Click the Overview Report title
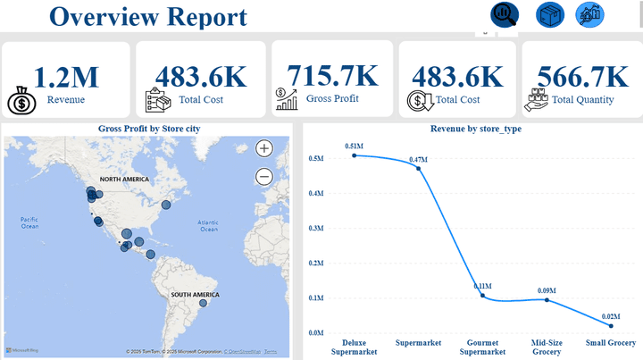pyautogui.click(x=148, y=16)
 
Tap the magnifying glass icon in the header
pyautogui.click(x=505, y=14)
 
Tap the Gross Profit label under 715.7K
pyautogui.click(x=331, y=98)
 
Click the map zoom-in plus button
pyautogui.click(x=264, y=149)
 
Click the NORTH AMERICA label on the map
pyautogui.click(x=123, y=180)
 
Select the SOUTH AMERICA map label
pyautogui.click(x=195, y=294)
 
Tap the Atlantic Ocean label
pyautogui.click(x=209, y=225)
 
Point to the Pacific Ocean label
pyautogui.click(x=29, y=222)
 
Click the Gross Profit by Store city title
pyautogui.click(x=148, y=130)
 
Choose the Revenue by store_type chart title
pyautogui.click(x=475, y=130)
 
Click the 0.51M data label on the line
pyautogui.click(x=355, y=146)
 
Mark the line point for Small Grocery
pyautogui.click(x=611, y=326)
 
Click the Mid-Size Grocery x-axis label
pyautogui.click(x=547, y=347)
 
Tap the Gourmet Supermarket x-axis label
pyautogui.click(x=482, y=347)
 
